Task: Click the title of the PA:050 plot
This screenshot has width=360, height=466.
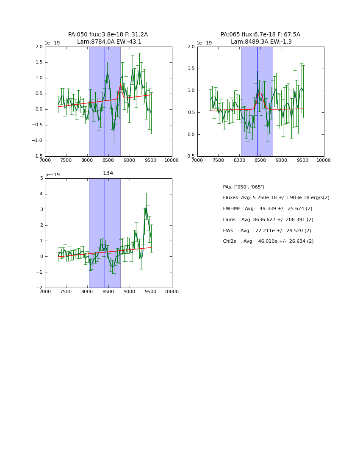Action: [108, 38]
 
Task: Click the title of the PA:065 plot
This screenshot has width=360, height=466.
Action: [260, 38]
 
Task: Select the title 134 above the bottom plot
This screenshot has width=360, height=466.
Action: [108, 173]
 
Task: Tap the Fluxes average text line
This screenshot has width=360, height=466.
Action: [276, 198]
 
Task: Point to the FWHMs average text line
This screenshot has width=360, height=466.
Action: [267, 209]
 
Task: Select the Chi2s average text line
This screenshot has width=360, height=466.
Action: [268, 241]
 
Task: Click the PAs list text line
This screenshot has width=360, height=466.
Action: [243, 187]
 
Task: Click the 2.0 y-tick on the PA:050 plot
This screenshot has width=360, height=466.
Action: [39, 47]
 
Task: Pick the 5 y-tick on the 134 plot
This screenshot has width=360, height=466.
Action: [42, 178]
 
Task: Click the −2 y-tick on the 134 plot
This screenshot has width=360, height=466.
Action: [40, 288]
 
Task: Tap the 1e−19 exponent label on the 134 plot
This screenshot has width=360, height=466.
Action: [52, 175]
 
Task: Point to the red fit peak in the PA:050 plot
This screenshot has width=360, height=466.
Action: [120, 84]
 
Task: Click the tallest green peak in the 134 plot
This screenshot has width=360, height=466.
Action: [146, 206]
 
